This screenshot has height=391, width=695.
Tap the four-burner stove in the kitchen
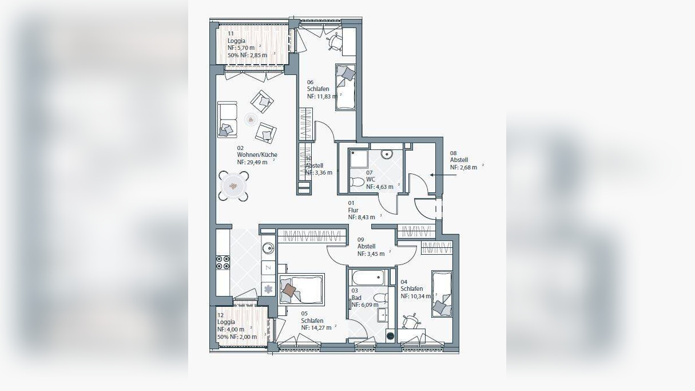pos(223,262)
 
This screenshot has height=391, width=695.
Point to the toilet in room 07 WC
pos(357,181)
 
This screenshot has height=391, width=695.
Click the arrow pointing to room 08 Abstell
pos(443,175)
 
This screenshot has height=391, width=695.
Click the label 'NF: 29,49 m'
pos(252,162)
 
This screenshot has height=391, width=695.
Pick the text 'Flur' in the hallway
pos(353,210)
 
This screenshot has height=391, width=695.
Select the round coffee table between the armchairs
pos(251,120)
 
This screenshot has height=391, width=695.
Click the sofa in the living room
pos(227,119)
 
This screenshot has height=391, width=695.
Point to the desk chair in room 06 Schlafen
pos(335,41)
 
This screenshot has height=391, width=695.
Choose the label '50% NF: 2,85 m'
pos(247,56)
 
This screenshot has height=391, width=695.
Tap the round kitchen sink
pos(268,248)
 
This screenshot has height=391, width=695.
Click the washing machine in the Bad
pos(391,335)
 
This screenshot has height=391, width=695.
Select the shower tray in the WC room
pos(358,159)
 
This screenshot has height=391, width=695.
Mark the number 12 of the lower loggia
pos(220,315)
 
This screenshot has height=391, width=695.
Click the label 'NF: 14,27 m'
pos(316,327)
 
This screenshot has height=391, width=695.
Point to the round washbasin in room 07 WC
pos(387,153)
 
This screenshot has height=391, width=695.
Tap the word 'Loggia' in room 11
pos(236,41)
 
